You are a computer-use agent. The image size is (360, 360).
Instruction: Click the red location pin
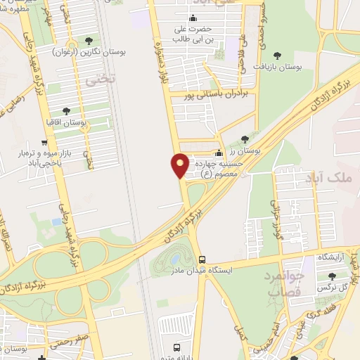[180, 165]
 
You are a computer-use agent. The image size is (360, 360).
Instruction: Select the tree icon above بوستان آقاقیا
[66, 111]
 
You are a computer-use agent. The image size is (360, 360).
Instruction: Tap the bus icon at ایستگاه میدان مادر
[202, 259]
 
